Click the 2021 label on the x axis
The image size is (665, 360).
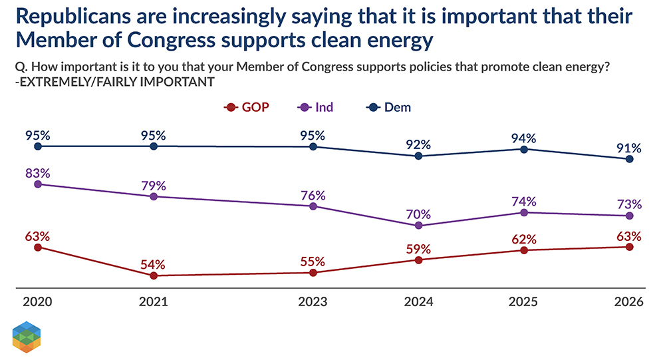pos(153,301)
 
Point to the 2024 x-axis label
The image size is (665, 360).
pos(418,301)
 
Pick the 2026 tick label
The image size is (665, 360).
pos(630,301)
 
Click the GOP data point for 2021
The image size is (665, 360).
pos(154,275)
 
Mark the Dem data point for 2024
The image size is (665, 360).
pos(418,156)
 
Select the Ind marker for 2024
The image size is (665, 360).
pos(418,226)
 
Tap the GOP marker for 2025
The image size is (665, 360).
pos(524,250)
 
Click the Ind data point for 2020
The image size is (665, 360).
pos(38,184)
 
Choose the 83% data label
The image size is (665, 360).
pos(38,173)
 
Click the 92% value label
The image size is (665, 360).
pos(418,144)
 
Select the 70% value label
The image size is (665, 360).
pos(418,214)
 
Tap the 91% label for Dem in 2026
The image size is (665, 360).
pos(630,148)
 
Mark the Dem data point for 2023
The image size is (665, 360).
pos(313,146)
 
